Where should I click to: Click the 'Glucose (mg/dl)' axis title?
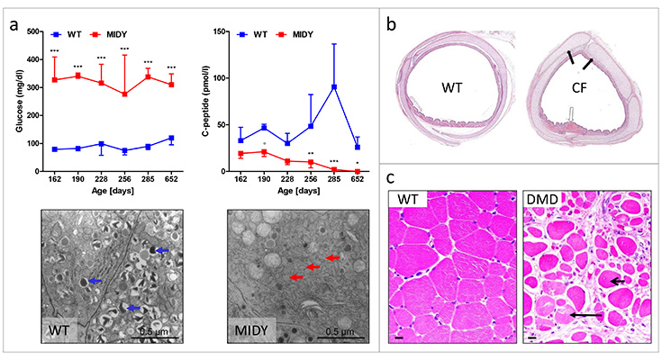(19, 101)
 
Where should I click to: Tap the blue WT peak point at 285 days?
(334, 86)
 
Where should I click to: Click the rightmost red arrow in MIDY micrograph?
(333, 258)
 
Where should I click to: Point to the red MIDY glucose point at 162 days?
(54, 80)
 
